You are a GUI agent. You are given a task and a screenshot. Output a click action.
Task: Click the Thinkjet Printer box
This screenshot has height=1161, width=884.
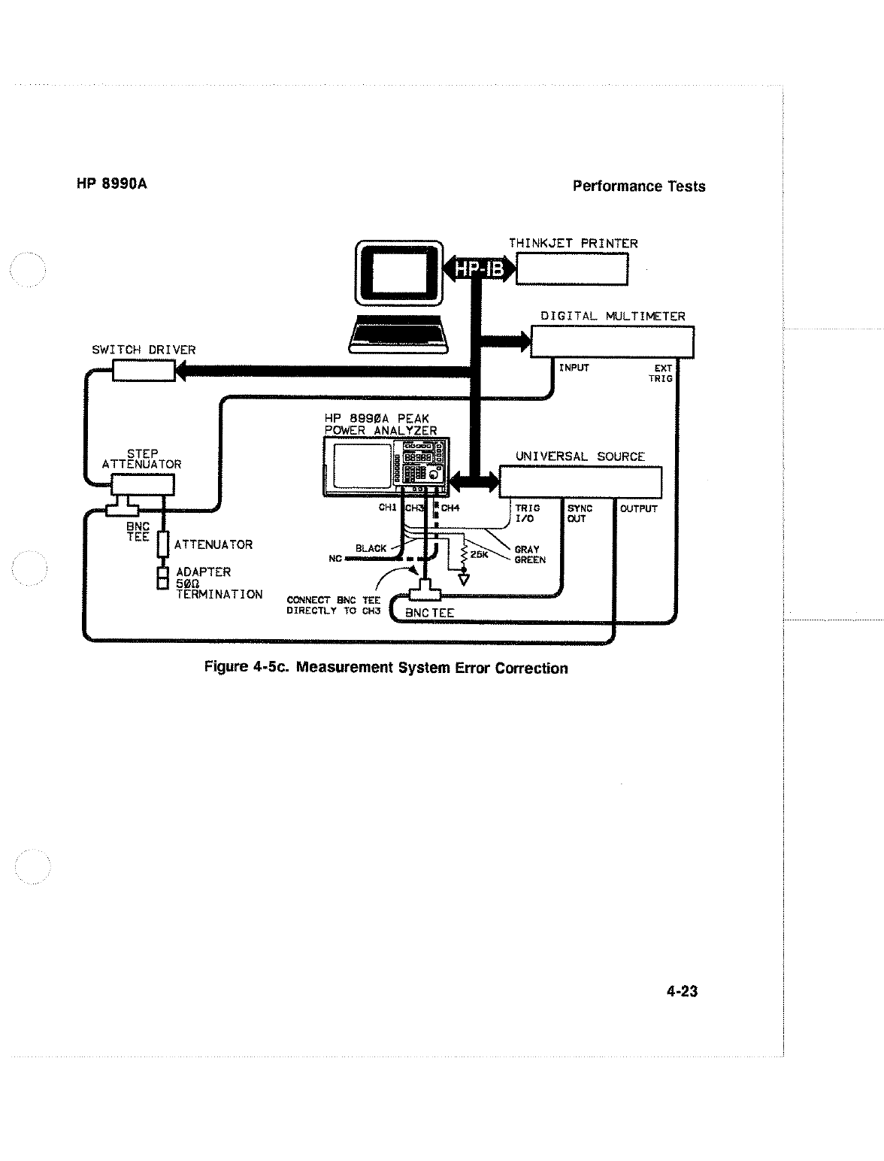click(x=571, y=268)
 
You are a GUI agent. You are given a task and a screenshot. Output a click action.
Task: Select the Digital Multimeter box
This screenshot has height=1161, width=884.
click(x=612, y=342)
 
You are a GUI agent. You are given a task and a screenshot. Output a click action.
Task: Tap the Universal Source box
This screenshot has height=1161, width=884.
click(x=580, y=482)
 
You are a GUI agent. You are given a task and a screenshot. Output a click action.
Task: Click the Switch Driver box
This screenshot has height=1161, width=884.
click(x=143, y=370)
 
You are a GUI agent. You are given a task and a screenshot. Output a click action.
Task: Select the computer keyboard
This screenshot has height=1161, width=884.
click(x=399, y=337)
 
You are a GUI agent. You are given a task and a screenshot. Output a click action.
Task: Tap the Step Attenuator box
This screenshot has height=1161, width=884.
click(x=142, y=485)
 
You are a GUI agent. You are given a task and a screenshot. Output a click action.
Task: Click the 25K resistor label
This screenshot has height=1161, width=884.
click(x=480, y=555)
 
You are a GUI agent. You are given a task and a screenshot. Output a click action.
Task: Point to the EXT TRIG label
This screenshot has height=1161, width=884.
click(x=661, y=373)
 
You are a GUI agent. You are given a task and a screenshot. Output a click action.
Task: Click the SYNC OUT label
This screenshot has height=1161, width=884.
click(x=580, y=514)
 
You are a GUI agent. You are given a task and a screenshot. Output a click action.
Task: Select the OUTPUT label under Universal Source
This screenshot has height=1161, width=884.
click(x=638, y=509)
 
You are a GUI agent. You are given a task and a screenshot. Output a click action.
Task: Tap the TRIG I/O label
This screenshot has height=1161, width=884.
click(x=527, y=514)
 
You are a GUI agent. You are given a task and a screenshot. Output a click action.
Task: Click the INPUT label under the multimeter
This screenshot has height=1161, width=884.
click(x=574, y=368)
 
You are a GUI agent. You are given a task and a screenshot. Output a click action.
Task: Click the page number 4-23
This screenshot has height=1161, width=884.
click(x=682, y=992)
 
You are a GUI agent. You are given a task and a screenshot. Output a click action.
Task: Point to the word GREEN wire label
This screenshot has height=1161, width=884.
click(x=530, y=560)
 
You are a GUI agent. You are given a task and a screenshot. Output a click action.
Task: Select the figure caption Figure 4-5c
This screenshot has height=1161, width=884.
click(x=386, y=668)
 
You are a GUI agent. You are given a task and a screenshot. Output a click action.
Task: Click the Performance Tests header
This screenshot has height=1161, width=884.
click(x=638, y=186)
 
